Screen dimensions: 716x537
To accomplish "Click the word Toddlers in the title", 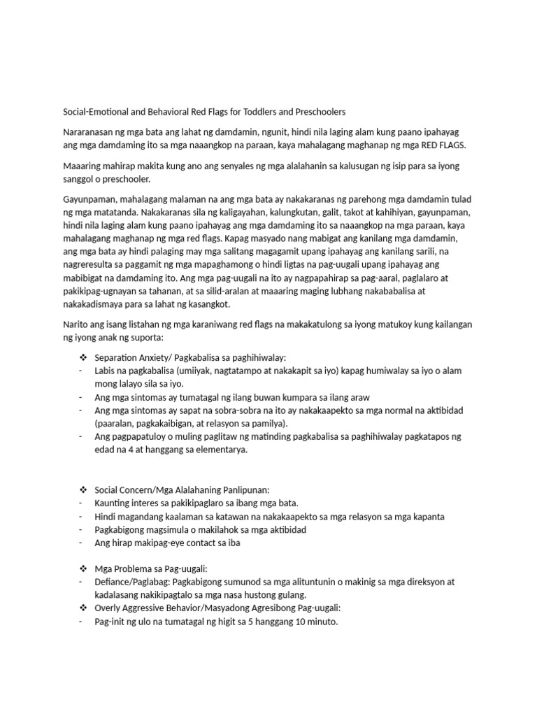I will pos(262,112).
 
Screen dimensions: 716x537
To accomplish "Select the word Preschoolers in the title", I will pos(320,112).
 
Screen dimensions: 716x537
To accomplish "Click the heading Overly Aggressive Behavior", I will pos(149,608).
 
